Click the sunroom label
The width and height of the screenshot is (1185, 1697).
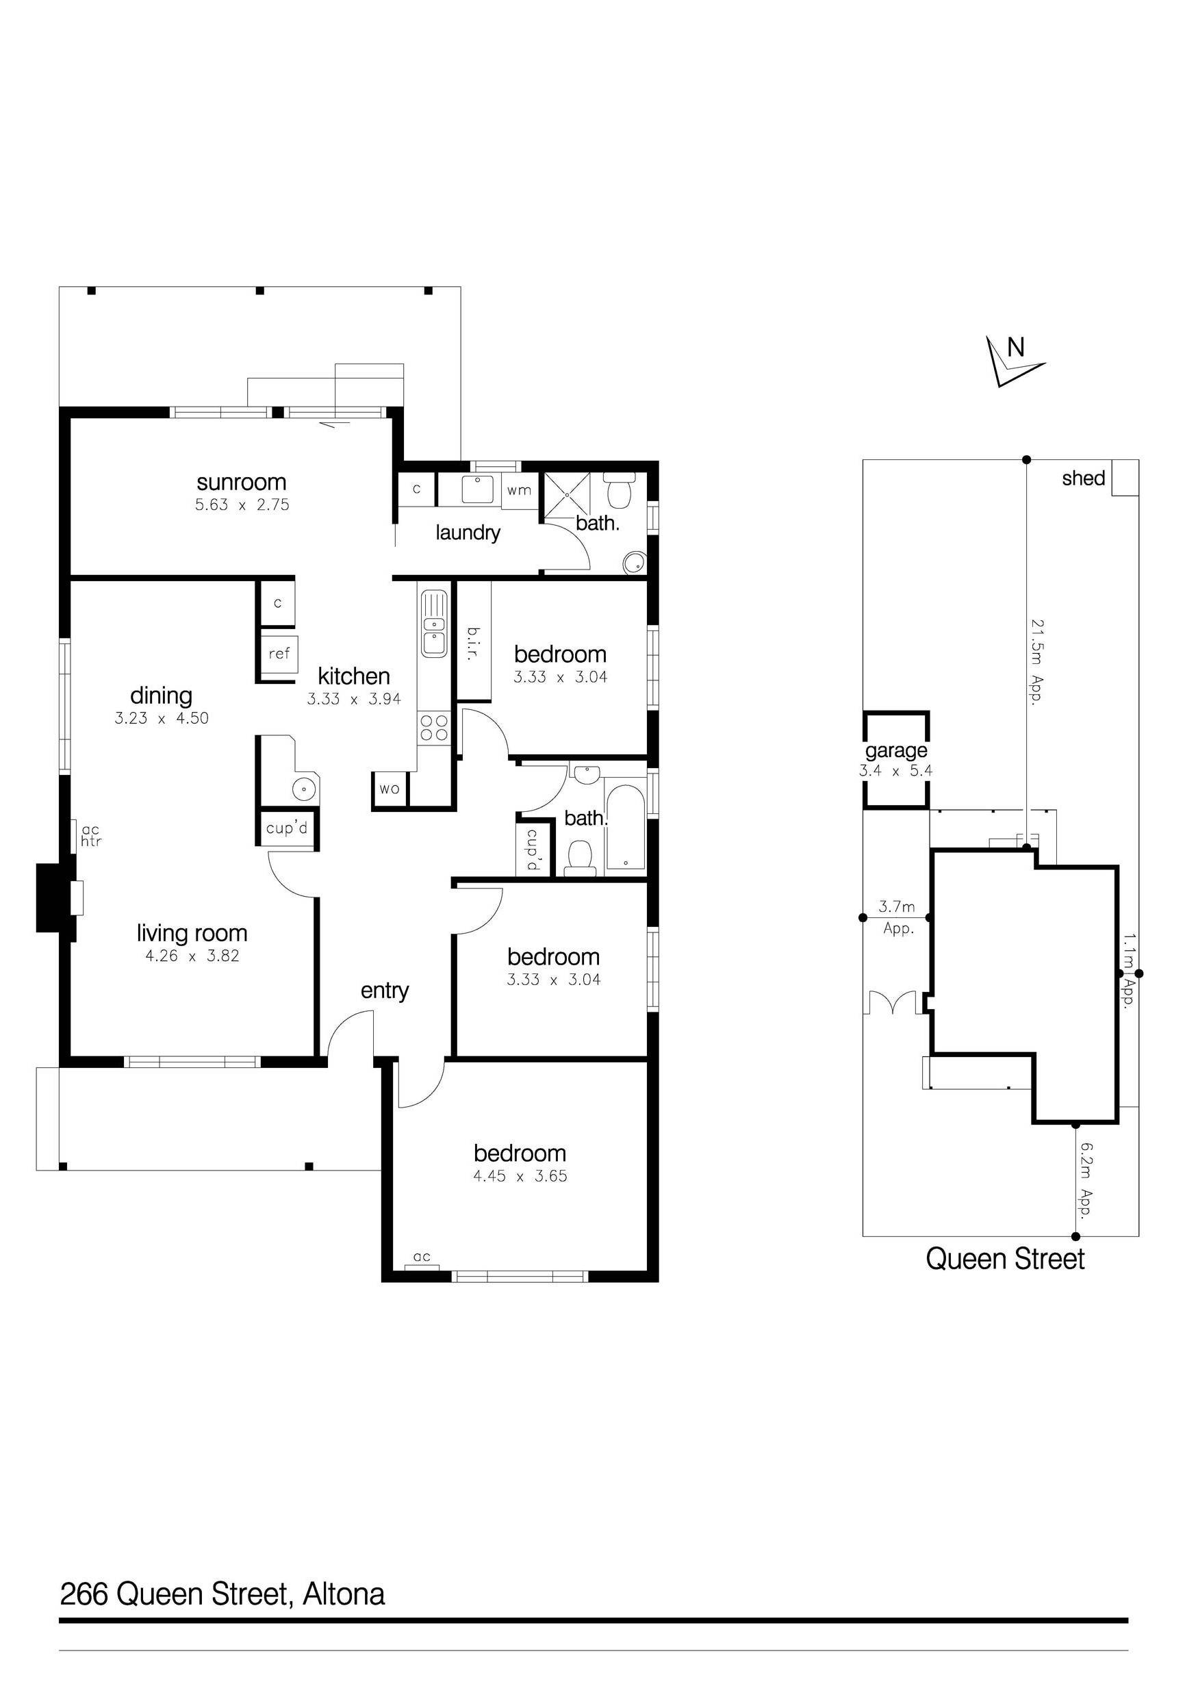(x=241, y=482)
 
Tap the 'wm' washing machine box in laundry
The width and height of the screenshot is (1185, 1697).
(x=519, y=491)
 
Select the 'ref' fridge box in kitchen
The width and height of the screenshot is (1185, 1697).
(x=279, y=653)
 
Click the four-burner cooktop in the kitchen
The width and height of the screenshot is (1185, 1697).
(x=434, y=727)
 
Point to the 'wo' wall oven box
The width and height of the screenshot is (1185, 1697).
(x=390, y=789)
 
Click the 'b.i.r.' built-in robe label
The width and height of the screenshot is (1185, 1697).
(x=473, y=643)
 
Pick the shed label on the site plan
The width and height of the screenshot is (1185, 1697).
(x=1083, y=479)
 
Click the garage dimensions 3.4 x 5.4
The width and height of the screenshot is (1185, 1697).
(x=895, y=771)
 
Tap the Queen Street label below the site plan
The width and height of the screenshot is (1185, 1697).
(x=1005, y=1259)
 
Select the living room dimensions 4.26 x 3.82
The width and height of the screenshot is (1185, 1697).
(x=192, y=956)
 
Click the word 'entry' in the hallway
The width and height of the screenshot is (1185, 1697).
(x=385, y=991)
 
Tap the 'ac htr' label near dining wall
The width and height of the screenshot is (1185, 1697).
(x=91, y=836)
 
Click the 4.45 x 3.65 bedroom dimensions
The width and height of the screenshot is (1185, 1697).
(x=520, y=1176)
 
